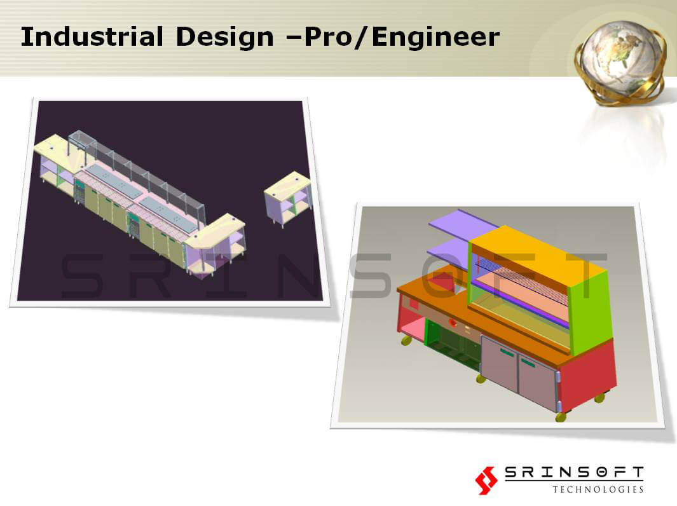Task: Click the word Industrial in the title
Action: coord(92,36)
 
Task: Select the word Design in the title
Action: coord(224,37)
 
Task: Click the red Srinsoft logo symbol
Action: coord(486,480)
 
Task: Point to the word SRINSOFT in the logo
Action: coord(574,472)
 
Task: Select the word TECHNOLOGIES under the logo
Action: coord(598,489)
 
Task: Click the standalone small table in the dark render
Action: coord(288,198)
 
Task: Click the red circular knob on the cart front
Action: coord(453,323)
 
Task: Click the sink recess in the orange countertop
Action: coord(442,283)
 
